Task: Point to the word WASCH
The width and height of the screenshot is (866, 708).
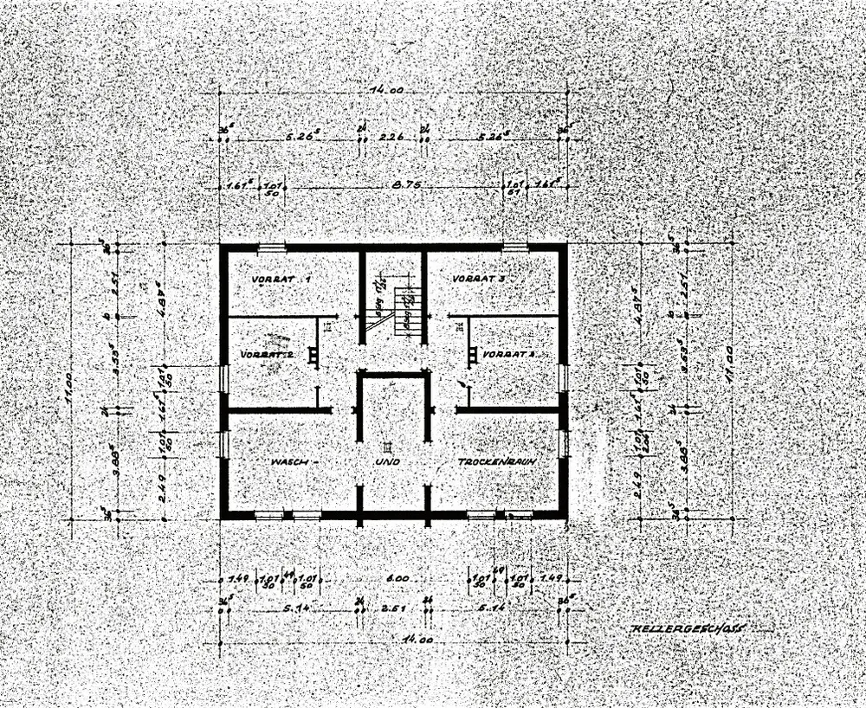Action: click(289, 463)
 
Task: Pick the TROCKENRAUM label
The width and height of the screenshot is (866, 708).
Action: click(494, 463)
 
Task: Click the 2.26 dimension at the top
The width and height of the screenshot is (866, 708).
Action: click(392, 136)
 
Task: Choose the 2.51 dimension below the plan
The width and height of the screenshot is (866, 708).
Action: click(394, 609)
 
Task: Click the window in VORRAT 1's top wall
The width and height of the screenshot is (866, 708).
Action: click(272, 248)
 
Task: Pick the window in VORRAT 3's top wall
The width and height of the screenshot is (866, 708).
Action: click(516, 248)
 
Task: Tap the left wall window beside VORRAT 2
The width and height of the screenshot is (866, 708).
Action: click(223, 378)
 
